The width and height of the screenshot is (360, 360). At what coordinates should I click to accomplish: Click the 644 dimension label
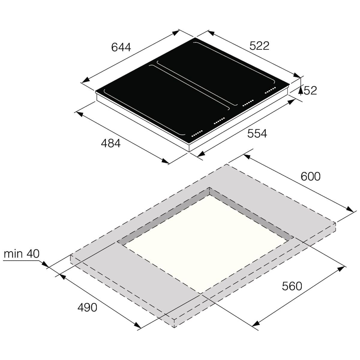point(121,47)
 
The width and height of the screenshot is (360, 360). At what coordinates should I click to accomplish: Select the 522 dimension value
point(259,46)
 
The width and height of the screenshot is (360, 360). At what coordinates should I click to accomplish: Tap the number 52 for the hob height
point(310,90)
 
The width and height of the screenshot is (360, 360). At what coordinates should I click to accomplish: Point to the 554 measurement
point(257,133)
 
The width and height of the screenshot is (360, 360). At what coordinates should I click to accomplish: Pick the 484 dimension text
point(110,143)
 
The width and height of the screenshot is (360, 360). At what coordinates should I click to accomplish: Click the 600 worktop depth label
point(310,176)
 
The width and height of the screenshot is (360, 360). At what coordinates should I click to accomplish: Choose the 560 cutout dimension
point(292,286)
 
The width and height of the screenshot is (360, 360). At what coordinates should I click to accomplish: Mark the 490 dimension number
point(87,307)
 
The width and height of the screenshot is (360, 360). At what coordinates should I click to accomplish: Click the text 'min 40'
point(22,254)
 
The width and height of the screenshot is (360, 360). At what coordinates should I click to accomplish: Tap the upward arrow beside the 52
point(301,90)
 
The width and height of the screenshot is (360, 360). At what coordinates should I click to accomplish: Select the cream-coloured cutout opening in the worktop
point(207,243)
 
